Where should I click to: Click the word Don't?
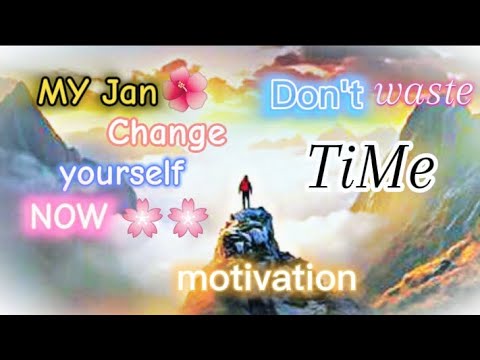[318, 96]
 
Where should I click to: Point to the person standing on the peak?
[243, 193]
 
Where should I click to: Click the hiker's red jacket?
[243, 188]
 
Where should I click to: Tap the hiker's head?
[243, 179]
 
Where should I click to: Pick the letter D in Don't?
[283, 96]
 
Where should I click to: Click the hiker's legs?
[243, 202]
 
